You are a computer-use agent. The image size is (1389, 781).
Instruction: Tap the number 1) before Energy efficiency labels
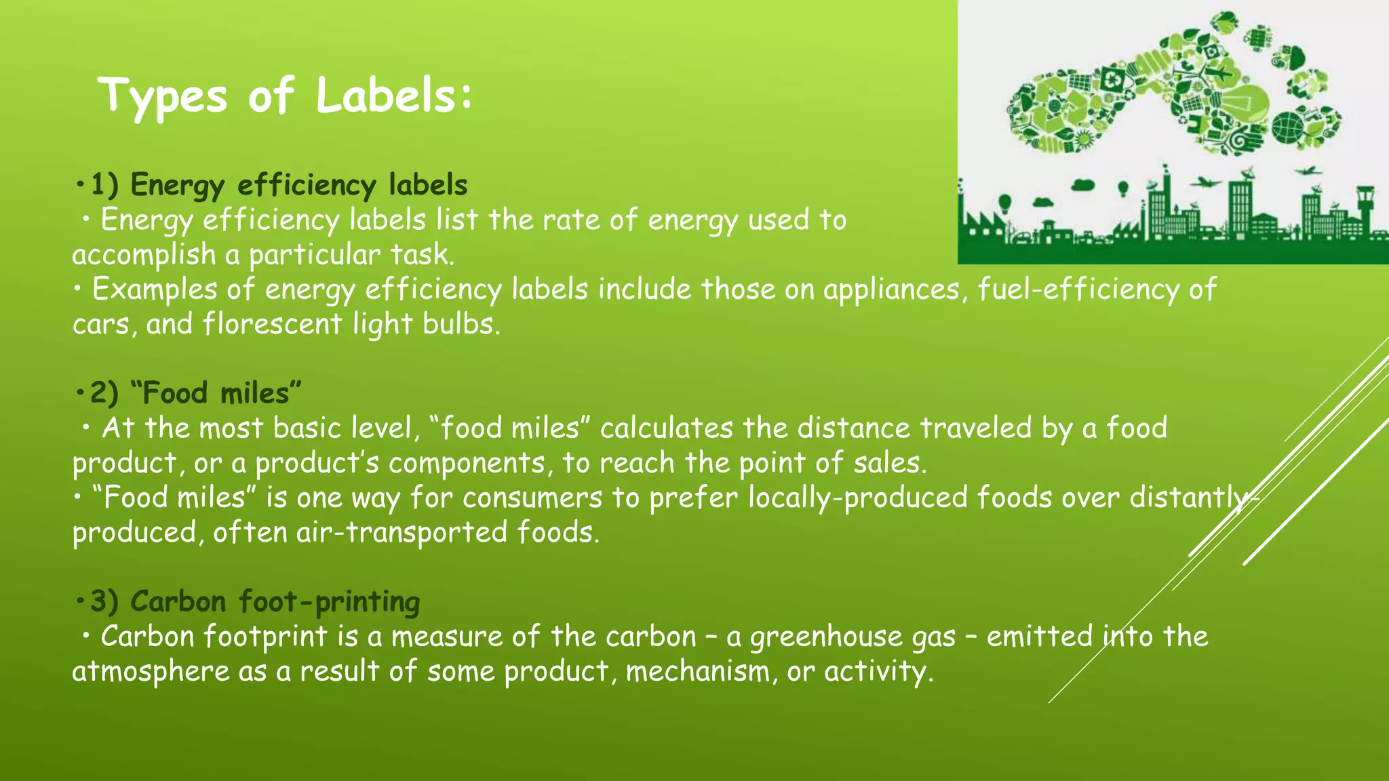[104, 184]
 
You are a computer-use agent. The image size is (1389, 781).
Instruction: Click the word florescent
[273, 324]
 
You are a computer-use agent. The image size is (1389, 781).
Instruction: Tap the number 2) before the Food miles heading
[104, 393]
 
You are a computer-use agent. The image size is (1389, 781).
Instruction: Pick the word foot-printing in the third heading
[330, 602]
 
